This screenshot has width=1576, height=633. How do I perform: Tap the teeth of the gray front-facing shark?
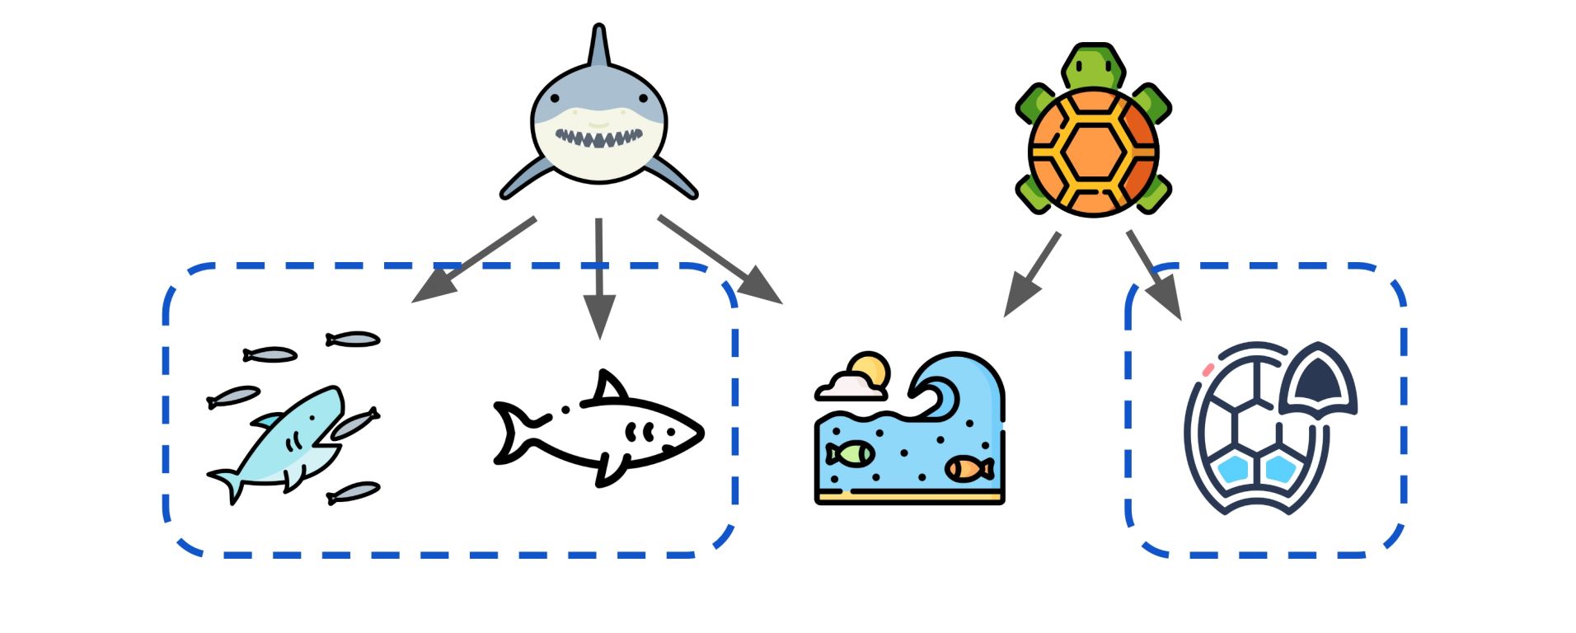point(598,137)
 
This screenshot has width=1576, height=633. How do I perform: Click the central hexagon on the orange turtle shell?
point(1093,152)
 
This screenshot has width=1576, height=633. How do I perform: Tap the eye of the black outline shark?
point(565,409)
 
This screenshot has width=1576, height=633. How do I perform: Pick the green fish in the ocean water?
point(850,453)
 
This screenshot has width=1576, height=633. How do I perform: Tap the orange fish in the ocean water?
point(969,469)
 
